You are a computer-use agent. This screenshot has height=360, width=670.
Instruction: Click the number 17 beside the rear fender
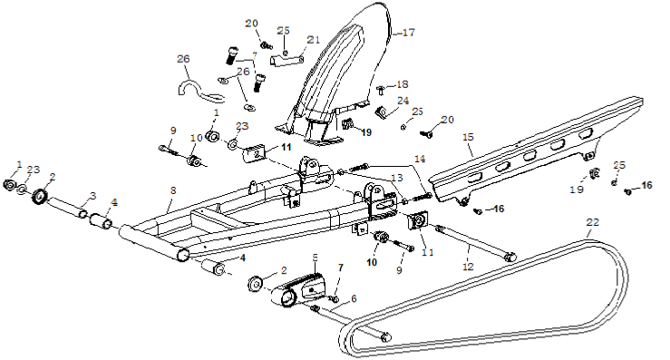coord(409,32)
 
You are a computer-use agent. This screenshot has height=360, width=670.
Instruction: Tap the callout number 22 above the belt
coord(593,222)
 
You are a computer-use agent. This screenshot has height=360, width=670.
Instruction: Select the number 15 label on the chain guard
coord(469,137)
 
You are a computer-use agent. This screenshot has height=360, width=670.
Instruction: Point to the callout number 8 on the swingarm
coord(172,190)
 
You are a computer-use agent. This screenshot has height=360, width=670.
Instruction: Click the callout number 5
coord(316,257)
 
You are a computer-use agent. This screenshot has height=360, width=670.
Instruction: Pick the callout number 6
coord(354,299)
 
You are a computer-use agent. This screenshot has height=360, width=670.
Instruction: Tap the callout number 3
coord(92,196)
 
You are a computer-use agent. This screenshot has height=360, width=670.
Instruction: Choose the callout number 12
coord(469,267)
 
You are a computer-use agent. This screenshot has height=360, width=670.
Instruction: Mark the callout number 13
coord(396,178)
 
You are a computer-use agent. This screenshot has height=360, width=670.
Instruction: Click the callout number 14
coord(420,159)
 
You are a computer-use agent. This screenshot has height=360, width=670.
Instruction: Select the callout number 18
coord(403,84)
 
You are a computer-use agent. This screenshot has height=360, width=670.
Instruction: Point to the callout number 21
coord(314,39)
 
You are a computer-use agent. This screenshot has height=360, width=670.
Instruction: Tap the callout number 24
coord(403,101)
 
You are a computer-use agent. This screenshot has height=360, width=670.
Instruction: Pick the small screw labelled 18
coord(381,90)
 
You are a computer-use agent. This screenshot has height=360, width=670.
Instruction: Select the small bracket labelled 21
coord(286,60)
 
